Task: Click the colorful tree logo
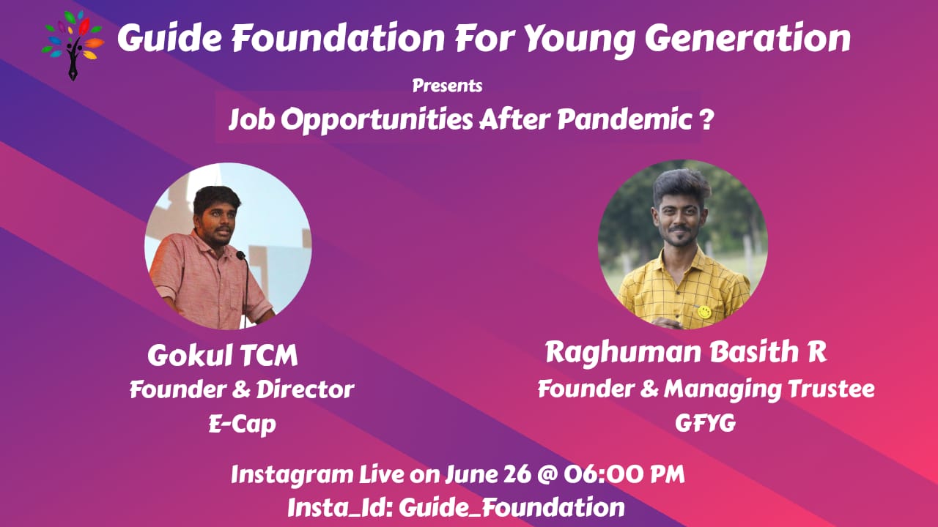[x=73, y=45]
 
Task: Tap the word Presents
[x=447, y=86]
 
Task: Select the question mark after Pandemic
[x=706, y=119]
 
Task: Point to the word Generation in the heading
[x=748, y=38]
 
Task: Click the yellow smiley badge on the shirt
[x=704, y=312]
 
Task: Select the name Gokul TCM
[x=222, y=356]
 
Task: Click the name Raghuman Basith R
[x=686, y=352]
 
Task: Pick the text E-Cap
[x=243, y=425]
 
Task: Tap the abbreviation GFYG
[x=705, y=423]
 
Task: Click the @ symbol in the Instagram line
[x=547, y=475]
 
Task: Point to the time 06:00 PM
[x=624, y=474]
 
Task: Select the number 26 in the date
[x=517, y=474]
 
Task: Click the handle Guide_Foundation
[x=512, y=508]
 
